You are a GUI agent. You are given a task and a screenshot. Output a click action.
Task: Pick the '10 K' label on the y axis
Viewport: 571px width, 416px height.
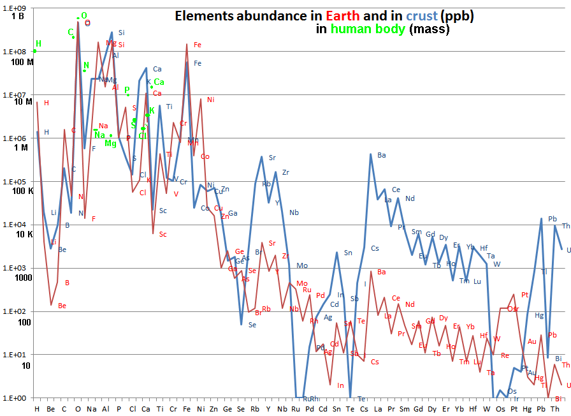click(24, 234)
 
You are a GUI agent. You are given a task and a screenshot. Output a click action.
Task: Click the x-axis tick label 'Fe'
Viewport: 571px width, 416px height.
click(187, 409)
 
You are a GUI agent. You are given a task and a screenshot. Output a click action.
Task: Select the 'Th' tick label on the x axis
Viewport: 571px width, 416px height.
click(554, 409)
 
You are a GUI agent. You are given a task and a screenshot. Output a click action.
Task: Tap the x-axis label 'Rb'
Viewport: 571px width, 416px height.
click(254, 409)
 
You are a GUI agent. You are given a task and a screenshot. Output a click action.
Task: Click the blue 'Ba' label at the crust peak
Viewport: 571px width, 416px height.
click(381, 155)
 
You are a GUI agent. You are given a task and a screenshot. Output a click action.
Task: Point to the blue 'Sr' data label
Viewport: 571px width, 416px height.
click(272, 158)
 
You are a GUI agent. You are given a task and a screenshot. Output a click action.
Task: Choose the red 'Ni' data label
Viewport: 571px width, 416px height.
click(210, 100)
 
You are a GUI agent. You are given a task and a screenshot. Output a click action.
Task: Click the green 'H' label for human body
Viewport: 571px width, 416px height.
click(38, 43)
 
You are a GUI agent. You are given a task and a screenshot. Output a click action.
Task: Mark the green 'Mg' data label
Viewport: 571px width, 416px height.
click(111, 144)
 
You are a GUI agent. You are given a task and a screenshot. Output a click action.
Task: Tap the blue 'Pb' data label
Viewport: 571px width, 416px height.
click(552, 219)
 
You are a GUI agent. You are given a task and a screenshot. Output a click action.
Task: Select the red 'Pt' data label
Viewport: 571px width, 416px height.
click(525, 295)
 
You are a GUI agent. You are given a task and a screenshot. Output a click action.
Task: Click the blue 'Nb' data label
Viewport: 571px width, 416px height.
click(293, 212)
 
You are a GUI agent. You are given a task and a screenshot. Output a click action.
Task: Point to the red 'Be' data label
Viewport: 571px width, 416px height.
click(62, 306)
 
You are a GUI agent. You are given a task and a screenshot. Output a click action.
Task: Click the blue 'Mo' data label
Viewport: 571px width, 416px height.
click(302, 265)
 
